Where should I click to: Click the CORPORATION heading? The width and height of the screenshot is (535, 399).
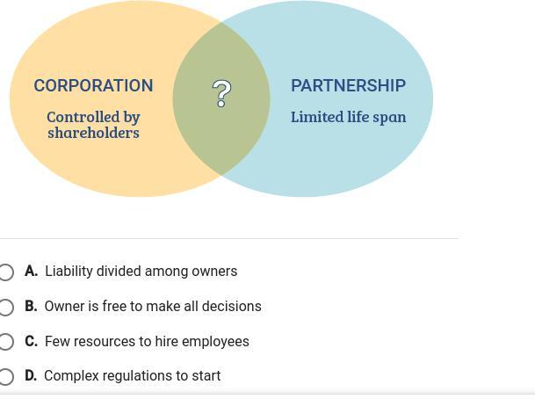tap(93, 85)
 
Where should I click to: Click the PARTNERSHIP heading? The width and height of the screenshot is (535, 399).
tap(348, 85)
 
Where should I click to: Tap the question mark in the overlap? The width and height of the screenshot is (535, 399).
tap(222, 94)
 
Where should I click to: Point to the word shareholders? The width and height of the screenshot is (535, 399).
tap(93, 133)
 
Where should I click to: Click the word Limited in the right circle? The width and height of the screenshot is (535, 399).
tap(317, 117)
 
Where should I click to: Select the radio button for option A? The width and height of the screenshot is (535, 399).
tap(5, 272)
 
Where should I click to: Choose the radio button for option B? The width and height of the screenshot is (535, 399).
tap(5, 307)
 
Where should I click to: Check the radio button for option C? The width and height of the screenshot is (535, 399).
tap(5, 342)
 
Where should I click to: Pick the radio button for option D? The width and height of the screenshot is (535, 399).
tap(5, 376)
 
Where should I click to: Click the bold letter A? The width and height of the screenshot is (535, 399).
tap(31, 272)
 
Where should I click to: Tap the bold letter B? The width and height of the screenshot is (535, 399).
tap(31, 307)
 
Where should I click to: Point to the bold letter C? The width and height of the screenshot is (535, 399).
tap(31, 341)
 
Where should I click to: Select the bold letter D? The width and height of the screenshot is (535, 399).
tap(31, 376)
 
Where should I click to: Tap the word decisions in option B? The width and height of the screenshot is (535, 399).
tap(231, 307)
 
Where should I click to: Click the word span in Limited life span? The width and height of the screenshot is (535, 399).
tap(391, 117)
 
